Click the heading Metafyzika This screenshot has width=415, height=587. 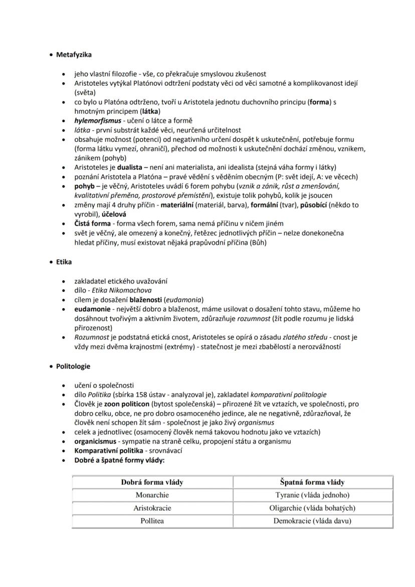(74, 54)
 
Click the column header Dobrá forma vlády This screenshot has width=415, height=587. (152, 482)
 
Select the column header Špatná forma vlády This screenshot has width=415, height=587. (312, 482)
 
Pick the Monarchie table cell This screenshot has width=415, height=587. (152, 495)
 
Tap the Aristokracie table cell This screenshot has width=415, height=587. (152, 508)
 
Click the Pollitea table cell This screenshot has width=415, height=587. (152, 521)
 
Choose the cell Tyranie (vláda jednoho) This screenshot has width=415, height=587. (312, 495)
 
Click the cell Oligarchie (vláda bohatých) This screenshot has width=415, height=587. (312, 508)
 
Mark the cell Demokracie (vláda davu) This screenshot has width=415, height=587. (312, 521)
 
